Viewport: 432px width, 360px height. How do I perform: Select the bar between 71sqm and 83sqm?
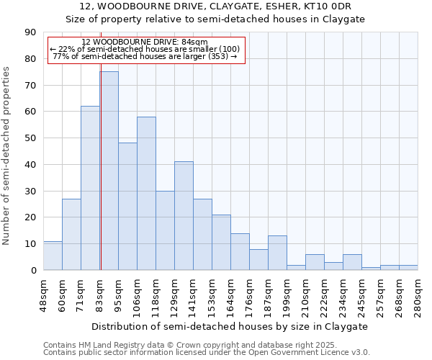click(90, 188)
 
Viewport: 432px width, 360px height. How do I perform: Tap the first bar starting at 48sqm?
click(53, 256)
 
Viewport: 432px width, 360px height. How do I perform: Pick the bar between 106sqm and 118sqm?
click(146, 193)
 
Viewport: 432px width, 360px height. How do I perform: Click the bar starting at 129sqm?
click(184, 216)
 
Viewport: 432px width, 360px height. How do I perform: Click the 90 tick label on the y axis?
click(30, 32)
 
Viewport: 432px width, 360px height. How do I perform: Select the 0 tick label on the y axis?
click(33, 270)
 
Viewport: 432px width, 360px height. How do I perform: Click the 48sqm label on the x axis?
click(43, 293)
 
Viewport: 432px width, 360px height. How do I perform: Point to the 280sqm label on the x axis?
click(418, 295)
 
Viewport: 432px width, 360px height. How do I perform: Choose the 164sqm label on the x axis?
click(230, 295)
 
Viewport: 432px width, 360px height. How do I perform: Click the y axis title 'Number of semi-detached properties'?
click(7, 156)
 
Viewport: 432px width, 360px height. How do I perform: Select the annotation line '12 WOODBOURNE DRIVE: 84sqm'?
click(145, 42)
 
